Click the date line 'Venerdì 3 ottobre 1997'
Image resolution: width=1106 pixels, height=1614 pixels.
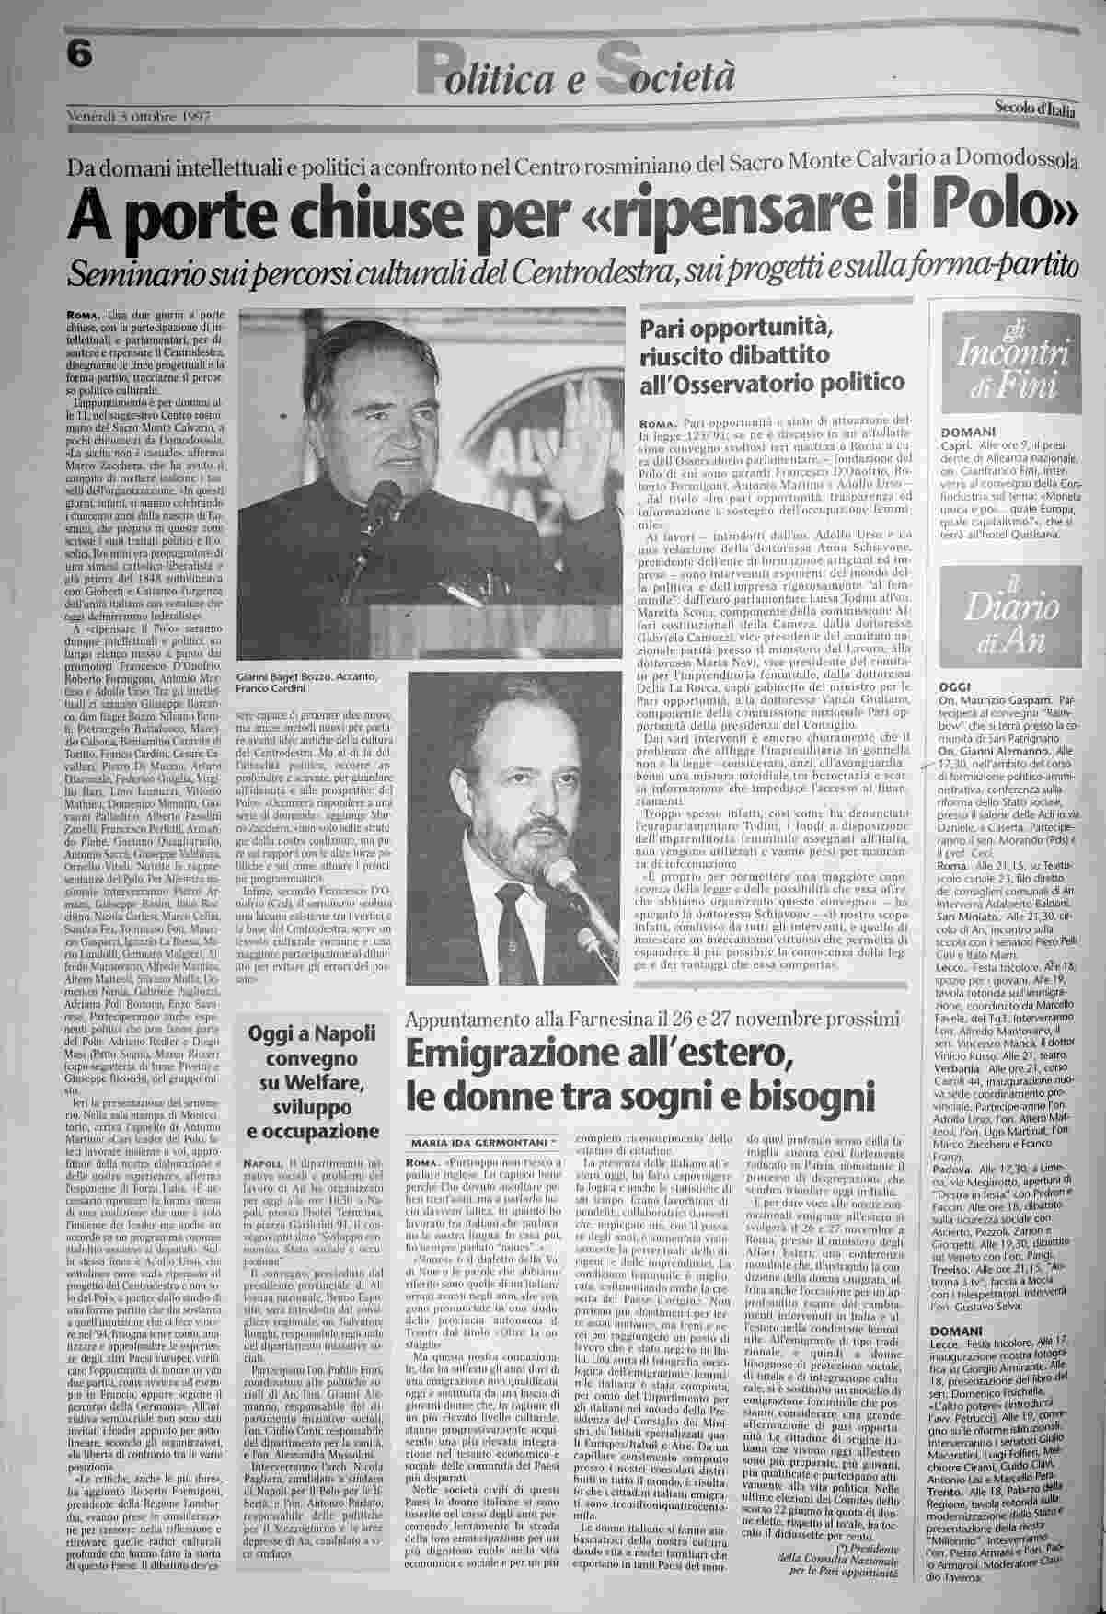click(x=139, y=117)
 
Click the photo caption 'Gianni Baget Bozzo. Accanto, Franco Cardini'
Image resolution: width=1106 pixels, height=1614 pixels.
click(x=307, y=682)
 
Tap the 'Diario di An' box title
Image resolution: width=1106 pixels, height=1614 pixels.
click(x=1006, y=617)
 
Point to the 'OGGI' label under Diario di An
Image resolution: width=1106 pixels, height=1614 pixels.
click(x=954, y=687)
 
